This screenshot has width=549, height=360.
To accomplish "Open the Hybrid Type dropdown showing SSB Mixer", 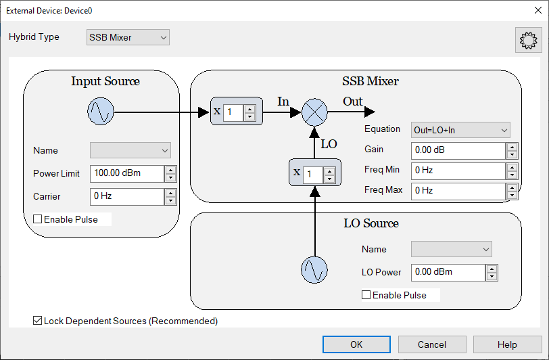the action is tap(128, 37).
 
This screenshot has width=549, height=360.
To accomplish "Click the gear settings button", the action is tap(528, 40).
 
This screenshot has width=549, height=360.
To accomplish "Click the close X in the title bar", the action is tap(538, 10).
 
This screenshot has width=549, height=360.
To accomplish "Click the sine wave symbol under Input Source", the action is tap(101, 112).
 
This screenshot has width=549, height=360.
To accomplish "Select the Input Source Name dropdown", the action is tap(130, 150).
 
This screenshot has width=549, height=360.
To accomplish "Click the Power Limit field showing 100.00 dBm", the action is tap(127, 173).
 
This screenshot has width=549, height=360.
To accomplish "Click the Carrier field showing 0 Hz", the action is tap(127, 197).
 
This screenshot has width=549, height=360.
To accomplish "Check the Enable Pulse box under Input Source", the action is tap(37, 219).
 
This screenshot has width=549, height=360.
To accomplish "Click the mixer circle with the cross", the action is tap(314, 112).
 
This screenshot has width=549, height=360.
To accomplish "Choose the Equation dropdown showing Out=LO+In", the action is tap(460, 130).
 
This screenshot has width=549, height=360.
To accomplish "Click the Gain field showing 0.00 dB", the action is tap(458, 150).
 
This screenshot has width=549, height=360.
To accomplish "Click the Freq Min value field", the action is tap(458, 171).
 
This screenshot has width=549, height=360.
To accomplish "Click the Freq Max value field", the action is tap(458, 191).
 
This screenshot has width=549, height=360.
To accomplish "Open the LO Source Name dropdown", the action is tap(452, 249).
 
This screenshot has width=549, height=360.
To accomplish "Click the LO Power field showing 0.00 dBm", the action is tap(448, 272).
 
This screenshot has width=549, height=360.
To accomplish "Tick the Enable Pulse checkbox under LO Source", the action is tap(366, 295).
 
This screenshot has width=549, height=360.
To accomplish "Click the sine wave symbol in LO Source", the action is tap(314, 270).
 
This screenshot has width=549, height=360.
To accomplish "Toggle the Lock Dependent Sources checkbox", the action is tap(37, 320).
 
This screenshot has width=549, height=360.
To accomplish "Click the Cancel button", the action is tap(432, 344).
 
